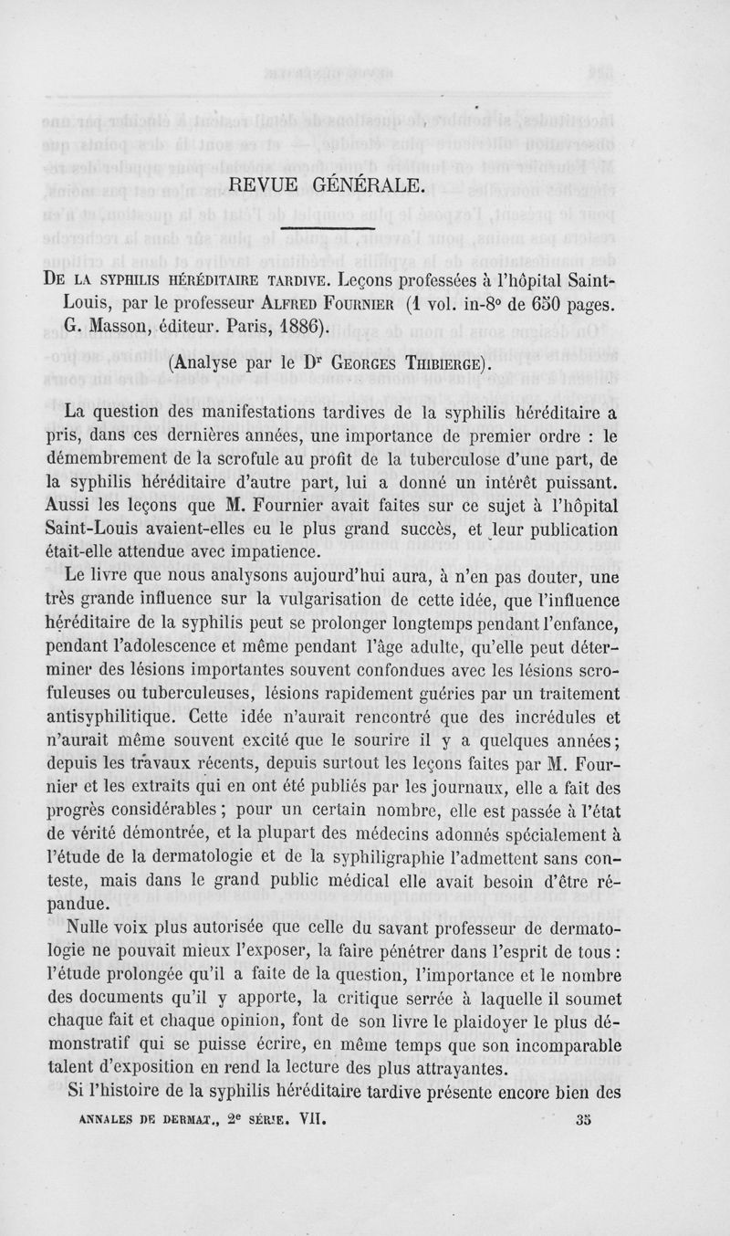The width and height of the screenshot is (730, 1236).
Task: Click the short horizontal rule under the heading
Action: [x=329, y=229]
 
